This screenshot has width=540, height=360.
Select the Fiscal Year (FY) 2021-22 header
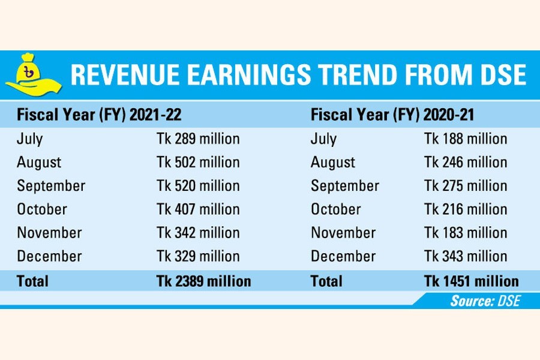[x=99, y=115]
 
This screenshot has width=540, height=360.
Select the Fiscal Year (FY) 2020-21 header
[x=392, y=115]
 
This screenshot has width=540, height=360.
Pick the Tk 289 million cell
[x=198, y=139]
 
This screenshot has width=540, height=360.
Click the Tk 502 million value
[x=198, y=162]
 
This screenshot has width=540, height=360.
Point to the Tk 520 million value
[x=198, y=185]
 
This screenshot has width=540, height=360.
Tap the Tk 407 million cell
[x=198, y=209]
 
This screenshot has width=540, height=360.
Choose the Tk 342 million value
[x=198, y=233]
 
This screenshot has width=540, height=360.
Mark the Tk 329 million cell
[x=198, y=256]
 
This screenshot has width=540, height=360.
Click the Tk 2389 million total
[x=203, y=281]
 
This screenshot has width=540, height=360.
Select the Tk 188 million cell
[x=466, y=139]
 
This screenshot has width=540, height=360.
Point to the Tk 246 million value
[x=466, y=162]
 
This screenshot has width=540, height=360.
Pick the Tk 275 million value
[x=466, y=185]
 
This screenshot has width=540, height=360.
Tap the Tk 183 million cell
[x=466, y=233]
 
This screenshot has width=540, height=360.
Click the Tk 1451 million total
[x=471, y=281]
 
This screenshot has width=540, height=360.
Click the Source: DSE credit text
[x=485, y=301]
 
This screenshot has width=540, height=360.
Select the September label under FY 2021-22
[x=51, y=185]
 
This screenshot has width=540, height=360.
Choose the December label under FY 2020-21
[x=343, y=256]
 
